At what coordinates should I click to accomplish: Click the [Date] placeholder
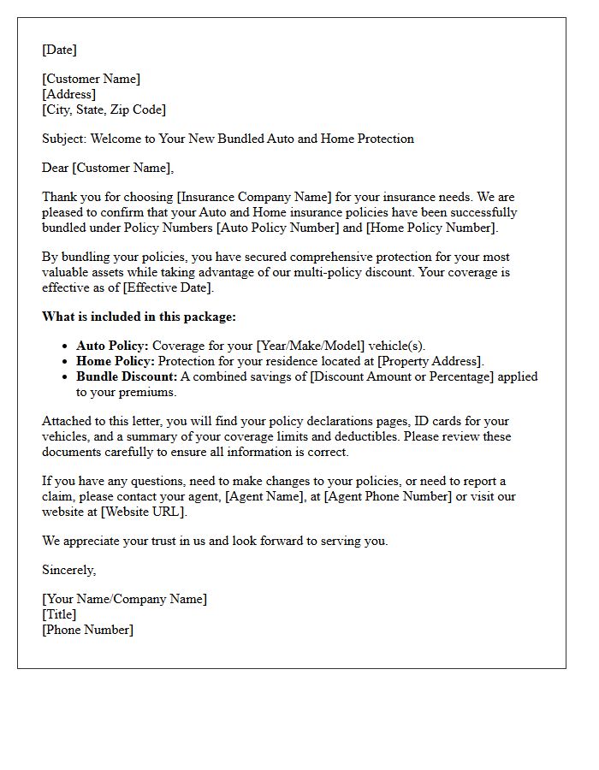(59, 50)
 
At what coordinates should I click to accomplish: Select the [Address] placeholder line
(68, 94)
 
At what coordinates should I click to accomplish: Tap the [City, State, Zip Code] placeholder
(104, 110)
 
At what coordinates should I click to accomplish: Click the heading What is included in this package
(139, 317)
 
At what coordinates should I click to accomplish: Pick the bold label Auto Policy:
(112, 346)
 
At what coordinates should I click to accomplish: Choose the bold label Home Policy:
(115, 361)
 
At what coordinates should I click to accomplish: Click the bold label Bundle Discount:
(127, 376)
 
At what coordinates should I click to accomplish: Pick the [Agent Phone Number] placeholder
(387, 496)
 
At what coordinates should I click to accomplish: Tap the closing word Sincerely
(68, 570)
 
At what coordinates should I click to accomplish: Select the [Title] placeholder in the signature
(59, 614)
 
